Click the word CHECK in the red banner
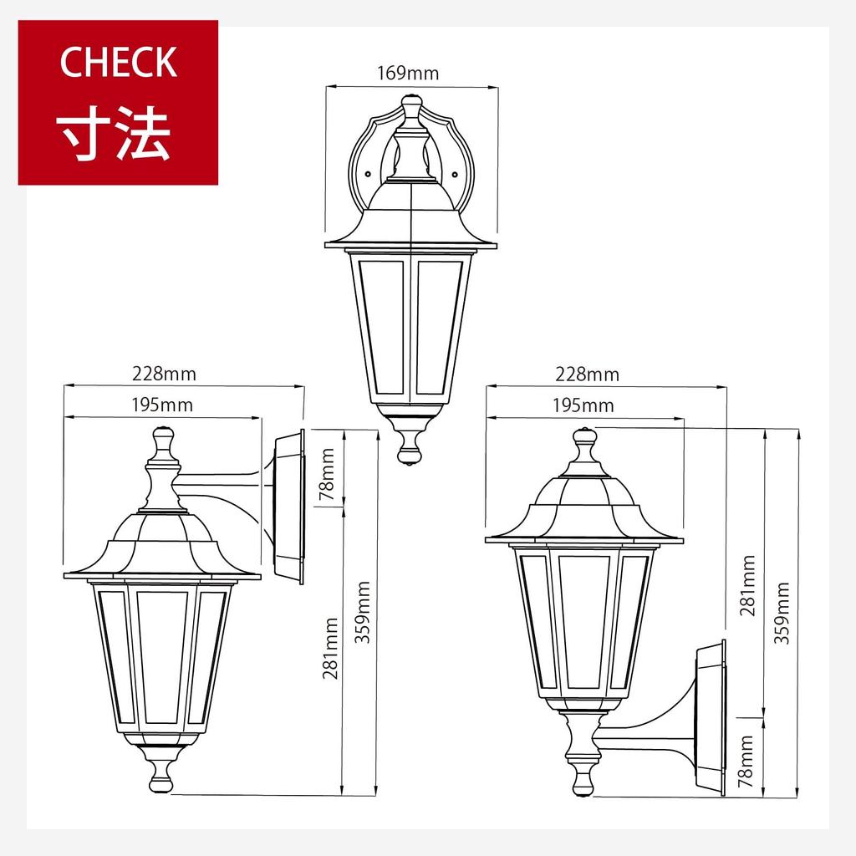118,63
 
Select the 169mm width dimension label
408,73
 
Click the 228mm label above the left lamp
165,374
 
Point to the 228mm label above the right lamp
588,374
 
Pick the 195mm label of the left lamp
162,405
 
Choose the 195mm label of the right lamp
583,406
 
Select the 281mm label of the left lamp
330,648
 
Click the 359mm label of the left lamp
363,612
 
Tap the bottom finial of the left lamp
160,780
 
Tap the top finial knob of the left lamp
163,438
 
